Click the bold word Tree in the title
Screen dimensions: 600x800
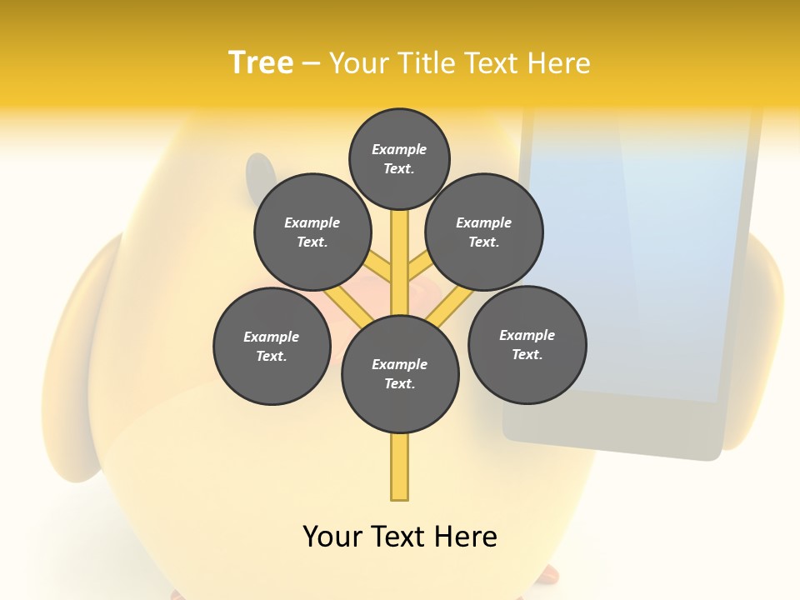point(261,62)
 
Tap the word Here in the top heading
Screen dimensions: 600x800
point(559,63)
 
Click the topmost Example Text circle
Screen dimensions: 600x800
point(399,158)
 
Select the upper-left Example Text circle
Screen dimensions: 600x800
point(312,232)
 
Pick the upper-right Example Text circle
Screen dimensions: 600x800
point(484,232)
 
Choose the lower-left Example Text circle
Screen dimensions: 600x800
point(272,346)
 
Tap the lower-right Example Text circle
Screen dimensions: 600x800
point(527,344)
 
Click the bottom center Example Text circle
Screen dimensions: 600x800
point(400,374)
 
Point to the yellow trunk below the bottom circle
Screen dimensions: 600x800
point(400,467)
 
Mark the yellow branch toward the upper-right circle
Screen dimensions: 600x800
point(419,266)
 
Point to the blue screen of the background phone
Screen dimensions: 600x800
point(642,250)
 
